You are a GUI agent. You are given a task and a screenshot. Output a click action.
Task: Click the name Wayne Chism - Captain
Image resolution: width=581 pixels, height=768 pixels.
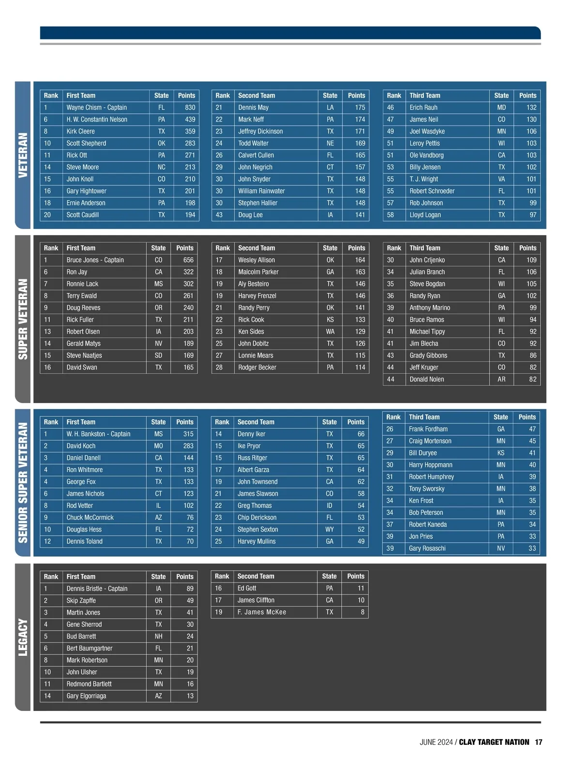96,107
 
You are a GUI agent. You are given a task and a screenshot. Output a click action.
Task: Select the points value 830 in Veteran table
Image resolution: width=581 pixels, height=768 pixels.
190,107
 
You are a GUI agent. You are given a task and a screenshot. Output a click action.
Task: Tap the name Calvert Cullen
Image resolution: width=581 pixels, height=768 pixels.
256,155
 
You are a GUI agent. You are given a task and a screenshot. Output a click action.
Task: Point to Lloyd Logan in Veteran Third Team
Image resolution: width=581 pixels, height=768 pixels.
425,215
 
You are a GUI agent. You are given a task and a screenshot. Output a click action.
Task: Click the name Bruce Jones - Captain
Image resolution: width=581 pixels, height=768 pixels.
95,260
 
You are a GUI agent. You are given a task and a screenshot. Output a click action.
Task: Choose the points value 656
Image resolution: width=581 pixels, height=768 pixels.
188,260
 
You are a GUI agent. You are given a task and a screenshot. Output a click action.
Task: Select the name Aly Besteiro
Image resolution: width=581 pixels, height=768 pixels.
253,284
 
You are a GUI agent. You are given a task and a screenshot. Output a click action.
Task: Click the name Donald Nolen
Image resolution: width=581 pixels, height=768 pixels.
427,379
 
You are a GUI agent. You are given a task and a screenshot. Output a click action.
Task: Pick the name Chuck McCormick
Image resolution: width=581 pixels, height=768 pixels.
90,517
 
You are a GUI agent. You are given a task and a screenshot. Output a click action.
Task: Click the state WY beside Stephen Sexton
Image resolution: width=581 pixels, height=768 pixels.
329,530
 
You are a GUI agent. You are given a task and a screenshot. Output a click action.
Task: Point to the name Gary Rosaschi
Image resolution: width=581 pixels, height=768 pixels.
427,548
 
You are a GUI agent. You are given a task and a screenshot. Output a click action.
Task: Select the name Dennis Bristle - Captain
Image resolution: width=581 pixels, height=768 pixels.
97,589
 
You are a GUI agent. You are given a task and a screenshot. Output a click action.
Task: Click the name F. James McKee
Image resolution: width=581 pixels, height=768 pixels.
261,612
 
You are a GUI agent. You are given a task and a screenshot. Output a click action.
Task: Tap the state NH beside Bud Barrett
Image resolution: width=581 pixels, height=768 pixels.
158,636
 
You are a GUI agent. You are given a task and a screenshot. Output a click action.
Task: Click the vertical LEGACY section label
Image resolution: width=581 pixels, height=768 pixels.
23,637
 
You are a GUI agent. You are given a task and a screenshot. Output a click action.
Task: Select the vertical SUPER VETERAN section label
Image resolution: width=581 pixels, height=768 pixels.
23,319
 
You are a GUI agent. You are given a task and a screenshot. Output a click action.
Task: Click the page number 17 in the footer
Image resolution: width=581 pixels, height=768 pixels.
538,742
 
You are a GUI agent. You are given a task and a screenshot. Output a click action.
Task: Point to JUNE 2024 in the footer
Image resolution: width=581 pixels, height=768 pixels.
436,742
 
